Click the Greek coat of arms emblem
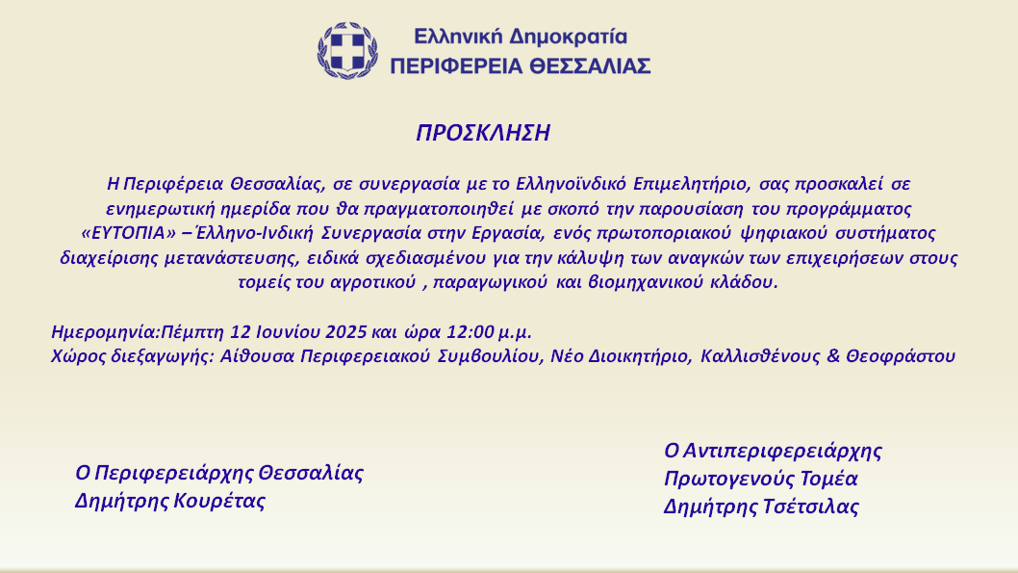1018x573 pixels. pos(347,51)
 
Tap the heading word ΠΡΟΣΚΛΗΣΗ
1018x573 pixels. pos(483,133)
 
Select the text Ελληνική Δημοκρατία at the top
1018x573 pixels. pos(521,37)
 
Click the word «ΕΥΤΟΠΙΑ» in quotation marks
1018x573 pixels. pos(129,233)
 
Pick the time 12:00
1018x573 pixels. pos(471,332)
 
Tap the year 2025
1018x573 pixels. pos(346,332)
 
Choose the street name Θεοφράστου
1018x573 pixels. pos(901,356)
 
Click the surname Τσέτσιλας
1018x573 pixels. pos(811,507)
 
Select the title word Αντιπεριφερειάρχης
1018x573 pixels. pos(782,451)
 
